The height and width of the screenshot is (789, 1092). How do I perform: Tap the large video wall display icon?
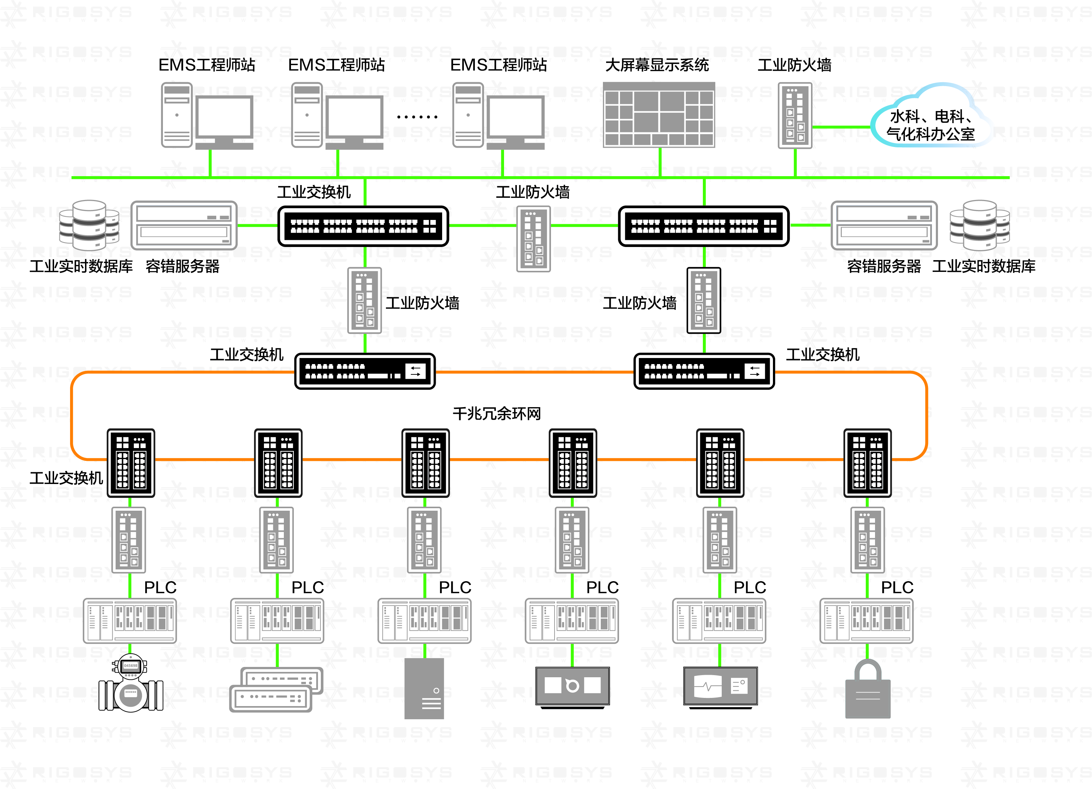[659, 114]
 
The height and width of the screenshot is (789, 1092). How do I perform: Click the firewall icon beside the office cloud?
[795, 116]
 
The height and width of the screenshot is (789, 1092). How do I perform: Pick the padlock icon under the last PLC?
[868, 689]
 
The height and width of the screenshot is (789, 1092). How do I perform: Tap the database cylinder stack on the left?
[89, 225]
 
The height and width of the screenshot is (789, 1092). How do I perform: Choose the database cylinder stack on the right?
[979, 225]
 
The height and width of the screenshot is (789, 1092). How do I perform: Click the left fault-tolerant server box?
[184, 225]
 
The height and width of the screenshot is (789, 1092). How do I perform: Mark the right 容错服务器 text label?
[884, 266]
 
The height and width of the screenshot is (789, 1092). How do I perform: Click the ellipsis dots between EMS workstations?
[417, 117]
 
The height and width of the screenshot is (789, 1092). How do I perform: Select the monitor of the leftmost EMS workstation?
[224, 117]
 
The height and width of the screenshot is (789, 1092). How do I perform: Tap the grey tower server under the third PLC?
[424, 689]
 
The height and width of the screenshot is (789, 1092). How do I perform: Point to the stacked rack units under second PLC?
[276, 689]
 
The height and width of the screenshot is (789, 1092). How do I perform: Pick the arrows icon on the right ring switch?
[754, 371]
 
